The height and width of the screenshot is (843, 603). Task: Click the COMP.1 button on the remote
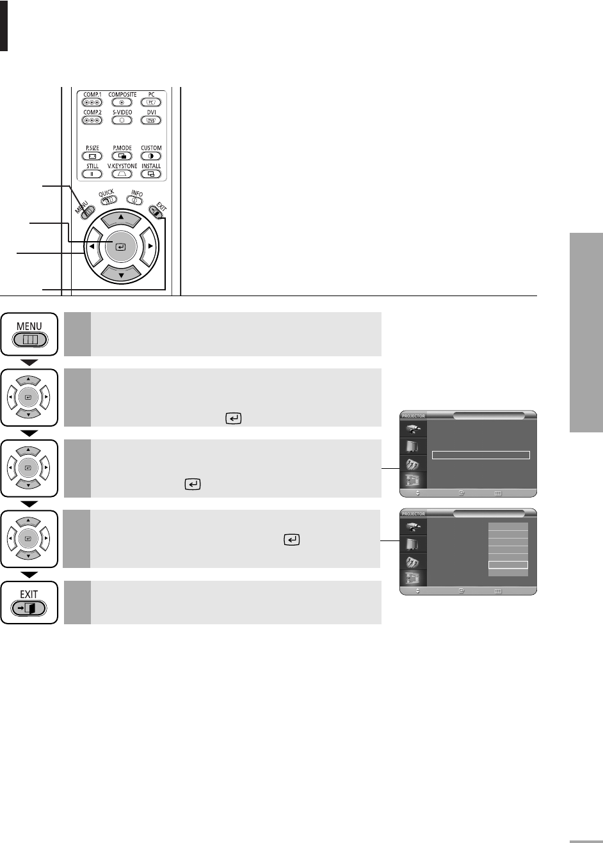[92, 102]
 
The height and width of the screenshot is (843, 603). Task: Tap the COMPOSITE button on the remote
[122, 102]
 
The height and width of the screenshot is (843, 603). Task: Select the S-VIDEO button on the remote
[122, 120]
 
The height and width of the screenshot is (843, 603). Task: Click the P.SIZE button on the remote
[92, 156]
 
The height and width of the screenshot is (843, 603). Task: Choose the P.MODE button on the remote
[122, 156]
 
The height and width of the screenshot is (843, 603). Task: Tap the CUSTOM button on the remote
[151, 156]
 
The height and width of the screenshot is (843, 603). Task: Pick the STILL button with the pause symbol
[92, 173]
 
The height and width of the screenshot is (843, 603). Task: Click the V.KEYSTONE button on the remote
[122, 173]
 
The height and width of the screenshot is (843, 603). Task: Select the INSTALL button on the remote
[151, 173]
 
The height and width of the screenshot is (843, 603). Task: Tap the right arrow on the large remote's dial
[150, 246]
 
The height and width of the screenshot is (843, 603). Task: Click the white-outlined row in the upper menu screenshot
[481, 455]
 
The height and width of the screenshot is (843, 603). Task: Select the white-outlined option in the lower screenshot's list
[508, 565]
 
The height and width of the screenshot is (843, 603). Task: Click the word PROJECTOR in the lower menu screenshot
[413, 514]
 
